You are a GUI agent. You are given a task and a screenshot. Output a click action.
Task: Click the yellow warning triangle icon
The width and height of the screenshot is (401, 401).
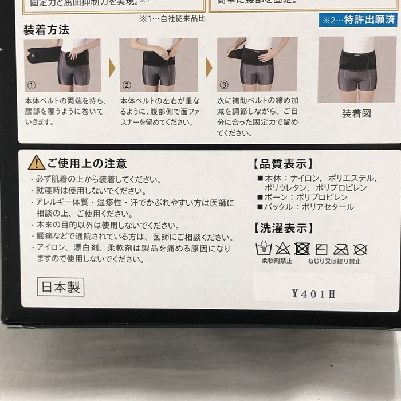tap(36, 163)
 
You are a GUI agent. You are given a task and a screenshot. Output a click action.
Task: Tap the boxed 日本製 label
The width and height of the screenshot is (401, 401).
tap(61, 286)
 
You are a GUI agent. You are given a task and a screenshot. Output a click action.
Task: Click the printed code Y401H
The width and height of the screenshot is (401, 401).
tap(313, 294)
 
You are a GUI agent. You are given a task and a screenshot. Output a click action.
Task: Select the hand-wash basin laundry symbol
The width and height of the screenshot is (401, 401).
tap(263, 249)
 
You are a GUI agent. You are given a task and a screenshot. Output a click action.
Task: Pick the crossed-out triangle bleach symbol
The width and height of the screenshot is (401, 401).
tap(282, 249)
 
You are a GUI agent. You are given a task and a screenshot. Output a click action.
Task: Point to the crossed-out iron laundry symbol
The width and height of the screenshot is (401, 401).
tap(341, 249)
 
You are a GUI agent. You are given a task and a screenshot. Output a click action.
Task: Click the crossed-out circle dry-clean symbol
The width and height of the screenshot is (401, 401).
tap(360, 249)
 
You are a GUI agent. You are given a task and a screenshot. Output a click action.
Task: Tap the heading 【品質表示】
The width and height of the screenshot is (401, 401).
tap(282, 163)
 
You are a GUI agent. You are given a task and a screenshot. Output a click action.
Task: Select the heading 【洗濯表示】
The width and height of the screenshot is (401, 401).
tap(282, 228)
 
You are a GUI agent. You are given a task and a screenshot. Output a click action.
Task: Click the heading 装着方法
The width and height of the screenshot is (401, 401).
tap(46, 29)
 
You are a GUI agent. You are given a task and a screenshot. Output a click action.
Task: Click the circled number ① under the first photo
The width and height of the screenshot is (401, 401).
tap(32, 84)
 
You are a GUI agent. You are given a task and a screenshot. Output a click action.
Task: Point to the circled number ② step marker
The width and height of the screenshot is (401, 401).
tap(127, 84)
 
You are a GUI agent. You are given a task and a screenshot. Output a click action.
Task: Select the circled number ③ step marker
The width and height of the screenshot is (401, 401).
tap(224, 84)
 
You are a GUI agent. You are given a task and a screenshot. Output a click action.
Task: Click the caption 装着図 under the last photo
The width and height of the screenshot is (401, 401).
tap(356, 113)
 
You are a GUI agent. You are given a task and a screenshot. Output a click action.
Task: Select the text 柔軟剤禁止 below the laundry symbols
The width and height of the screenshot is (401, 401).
tap(277, 261)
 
